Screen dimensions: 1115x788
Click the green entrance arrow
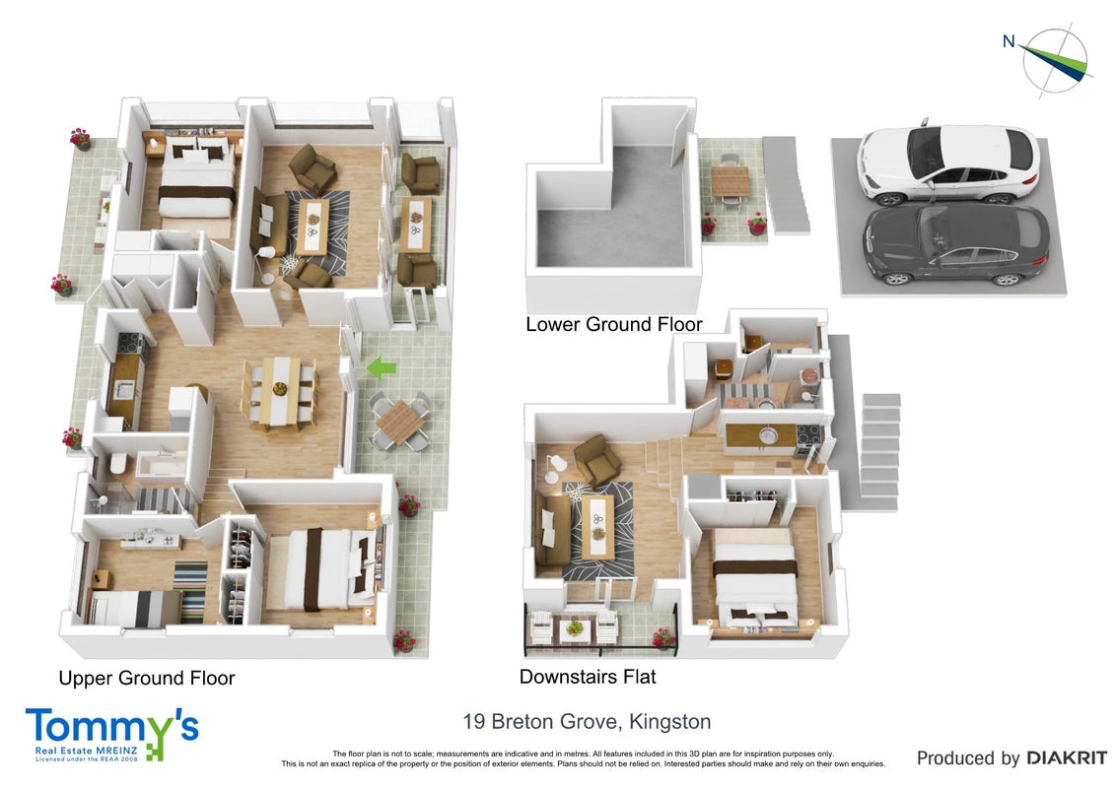(x=382, y=367)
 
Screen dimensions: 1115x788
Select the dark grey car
(x=955, y=245)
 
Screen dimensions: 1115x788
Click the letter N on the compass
(x=1009, y=41)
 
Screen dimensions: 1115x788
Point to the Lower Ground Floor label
(x=613, y=325)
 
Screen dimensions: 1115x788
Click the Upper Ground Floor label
(x=147, y=679)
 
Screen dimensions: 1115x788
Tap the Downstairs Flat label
(x=588, y=677)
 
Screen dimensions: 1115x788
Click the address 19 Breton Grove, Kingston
(x=587, y=722)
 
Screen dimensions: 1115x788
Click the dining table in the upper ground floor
(x=281, y=391)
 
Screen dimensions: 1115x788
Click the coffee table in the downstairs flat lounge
(x=598, y=526)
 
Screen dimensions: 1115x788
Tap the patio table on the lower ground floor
(x=731, y=180)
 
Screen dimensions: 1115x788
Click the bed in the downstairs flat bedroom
(x=756, y=579)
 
